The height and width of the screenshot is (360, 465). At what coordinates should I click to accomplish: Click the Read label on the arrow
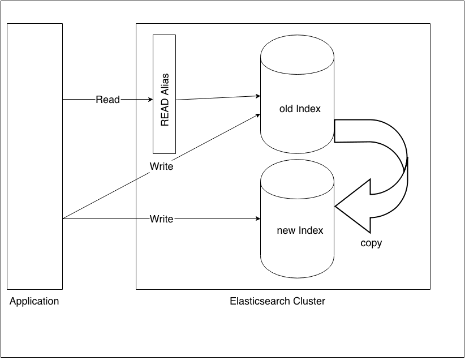coord(107,100)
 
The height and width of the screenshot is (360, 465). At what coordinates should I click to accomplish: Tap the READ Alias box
coord(164,94)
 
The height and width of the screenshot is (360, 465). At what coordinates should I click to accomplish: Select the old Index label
coord(300,109)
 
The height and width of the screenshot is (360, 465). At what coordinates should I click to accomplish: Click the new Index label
coord(300,230)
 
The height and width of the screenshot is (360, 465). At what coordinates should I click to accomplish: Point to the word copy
coord(371,243)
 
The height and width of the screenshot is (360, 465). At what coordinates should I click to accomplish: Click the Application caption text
coord(35,301)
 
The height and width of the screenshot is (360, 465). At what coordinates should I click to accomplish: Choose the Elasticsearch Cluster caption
coord(277,301)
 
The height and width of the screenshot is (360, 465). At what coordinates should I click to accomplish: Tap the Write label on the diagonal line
coord(161,167)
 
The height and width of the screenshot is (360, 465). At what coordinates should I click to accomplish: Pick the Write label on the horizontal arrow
coord(161,218)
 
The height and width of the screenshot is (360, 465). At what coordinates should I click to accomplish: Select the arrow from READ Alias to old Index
coord(218,98)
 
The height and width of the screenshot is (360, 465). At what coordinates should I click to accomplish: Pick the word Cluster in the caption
coord(309,301)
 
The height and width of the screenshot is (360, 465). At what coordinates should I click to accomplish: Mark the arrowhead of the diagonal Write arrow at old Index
coord(257,115)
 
